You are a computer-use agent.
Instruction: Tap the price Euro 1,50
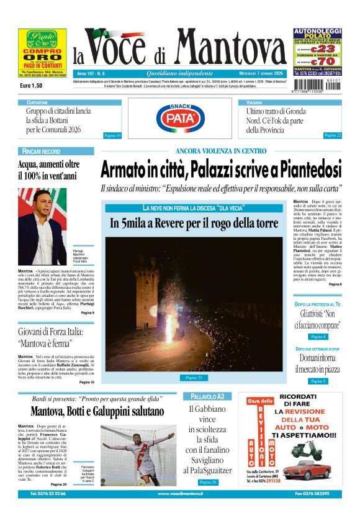[x=31, y=85]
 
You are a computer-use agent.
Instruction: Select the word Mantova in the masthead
[x=230, y=48]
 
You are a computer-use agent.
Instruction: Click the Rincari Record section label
[x=41, y=152]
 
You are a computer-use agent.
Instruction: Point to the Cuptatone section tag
[x=37, y=102]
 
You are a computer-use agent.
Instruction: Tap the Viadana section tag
[x=254, y=102]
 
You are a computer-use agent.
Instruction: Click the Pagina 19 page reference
[x=112, y=135]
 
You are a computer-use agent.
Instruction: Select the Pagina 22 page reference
[x=333, y=135]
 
